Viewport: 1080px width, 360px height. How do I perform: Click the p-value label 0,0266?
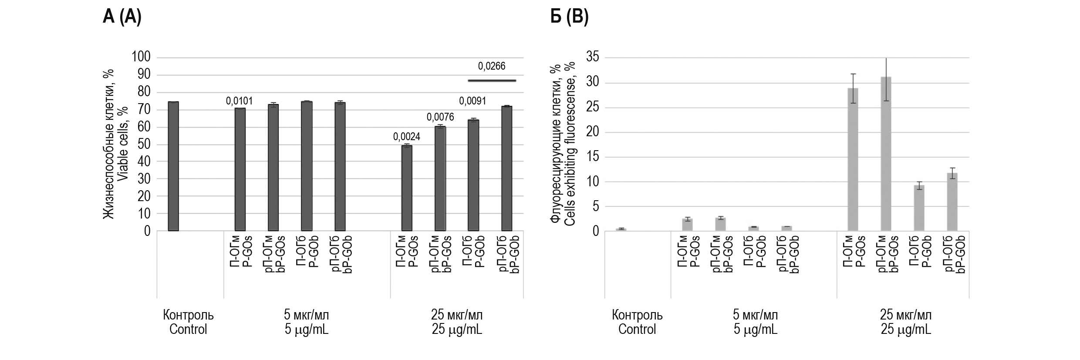tap(492, 66)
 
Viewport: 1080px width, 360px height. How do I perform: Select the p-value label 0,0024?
tap(406, 137)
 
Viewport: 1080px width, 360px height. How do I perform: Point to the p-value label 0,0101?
tap(239, 101)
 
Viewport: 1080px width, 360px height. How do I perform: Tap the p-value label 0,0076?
tap(440, 117)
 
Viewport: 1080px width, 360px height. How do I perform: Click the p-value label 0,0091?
tap(472, 101)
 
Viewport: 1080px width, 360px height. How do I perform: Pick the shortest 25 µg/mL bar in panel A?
tap(406, 188)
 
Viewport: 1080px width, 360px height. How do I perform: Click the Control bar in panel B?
tap(621, 229)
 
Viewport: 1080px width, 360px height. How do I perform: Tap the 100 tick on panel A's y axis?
tap(141, 57)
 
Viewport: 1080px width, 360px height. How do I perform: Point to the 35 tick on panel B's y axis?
tap(592, 57)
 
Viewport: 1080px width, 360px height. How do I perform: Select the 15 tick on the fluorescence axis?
tap(592, 157)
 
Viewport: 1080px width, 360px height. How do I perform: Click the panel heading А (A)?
tap(122, 17)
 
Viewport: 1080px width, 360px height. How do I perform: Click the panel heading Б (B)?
tap(569, 17)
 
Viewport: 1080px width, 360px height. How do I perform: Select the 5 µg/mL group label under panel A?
tap(307, 322)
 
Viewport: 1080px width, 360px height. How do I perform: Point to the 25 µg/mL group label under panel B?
tap(906, 322)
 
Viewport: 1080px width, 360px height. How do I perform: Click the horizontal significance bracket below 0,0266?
tap(492, 81)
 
